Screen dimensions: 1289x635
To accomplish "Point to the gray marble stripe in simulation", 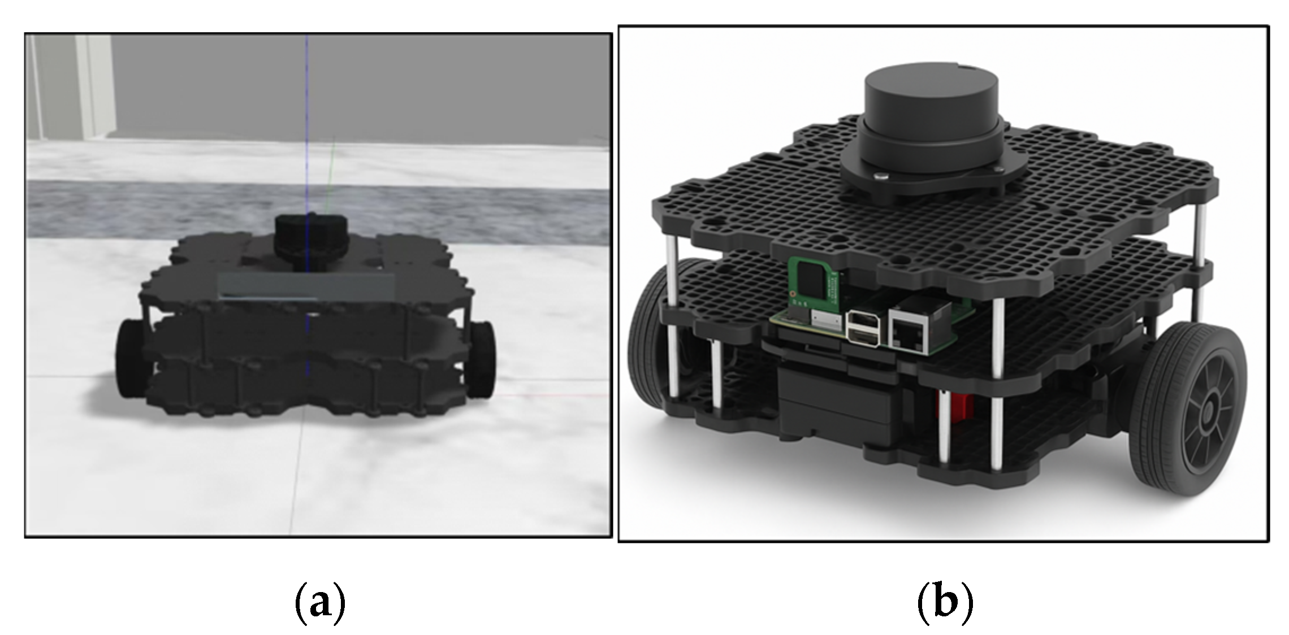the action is [x=318, y=210].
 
